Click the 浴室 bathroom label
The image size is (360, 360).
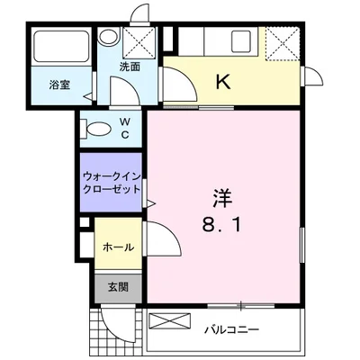click(x=60, y=85)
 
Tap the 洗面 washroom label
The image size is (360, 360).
click(x=130, y=67)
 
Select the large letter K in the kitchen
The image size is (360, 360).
click(x=223, y=82)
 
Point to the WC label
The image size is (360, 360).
click(x=125, y=128)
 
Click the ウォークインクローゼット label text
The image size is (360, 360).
click(x=112, y=183)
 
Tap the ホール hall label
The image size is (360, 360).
click(x=118, y=247)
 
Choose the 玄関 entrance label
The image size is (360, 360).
click(x=118, y=287)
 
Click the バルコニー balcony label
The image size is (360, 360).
click(x=231, y=330)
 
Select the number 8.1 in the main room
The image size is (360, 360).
click(x=222, y=225)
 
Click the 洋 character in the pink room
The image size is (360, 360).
click(x=222, y=199)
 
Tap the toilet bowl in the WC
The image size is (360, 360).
click(x=96, y=129)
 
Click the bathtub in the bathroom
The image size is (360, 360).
click(x=62, y=46)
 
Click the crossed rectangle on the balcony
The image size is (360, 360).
click(x=170, y=320)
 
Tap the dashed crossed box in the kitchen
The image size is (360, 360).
click(x=283, y=43)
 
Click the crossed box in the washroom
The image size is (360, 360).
click(x=139, y=42)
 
